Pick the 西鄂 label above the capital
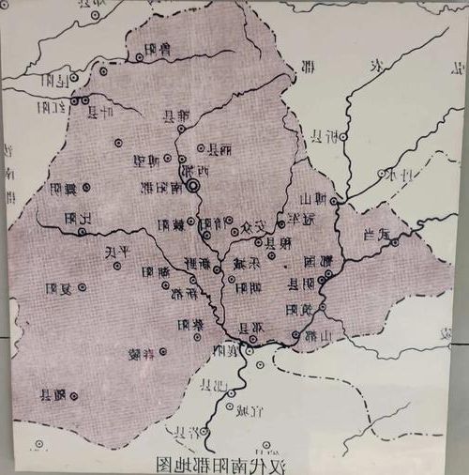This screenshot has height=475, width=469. click(x=201, y=172)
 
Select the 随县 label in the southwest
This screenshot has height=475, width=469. click(x=53, y=396)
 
